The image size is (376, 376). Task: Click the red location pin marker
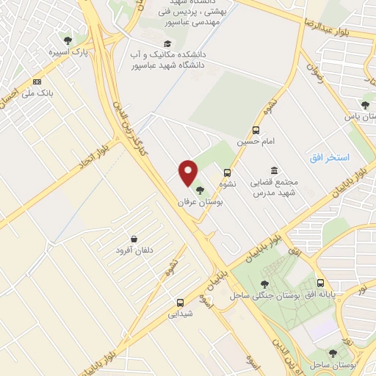click(x=189, y=173)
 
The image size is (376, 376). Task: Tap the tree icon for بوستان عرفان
click(x=200, y=190)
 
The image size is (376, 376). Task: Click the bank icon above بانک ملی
click(x=37, y=82)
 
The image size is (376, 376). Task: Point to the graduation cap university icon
click(x=168, y=43)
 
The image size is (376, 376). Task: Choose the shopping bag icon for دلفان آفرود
click(x=134, y=239)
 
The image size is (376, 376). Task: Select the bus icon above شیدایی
click(x=180, y=302)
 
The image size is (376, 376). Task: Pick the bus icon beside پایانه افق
click(x=320, y=283)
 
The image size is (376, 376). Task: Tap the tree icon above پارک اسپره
click(x=68, y=41)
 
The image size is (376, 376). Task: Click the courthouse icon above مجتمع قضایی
click(x=274, y=171)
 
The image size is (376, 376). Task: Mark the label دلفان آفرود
click(x=134, y=250)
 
